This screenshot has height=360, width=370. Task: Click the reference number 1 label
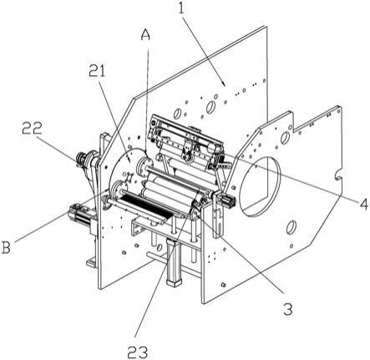[x=181, y=9]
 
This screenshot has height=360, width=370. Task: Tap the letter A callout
[x=145, y=35]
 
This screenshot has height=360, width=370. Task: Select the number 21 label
[x=98, y=71]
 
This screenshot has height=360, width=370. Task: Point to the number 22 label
[x=33, y=129]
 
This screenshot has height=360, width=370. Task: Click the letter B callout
[x=6, y=247]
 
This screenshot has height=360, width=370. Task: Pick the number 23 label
[x=138, y=352]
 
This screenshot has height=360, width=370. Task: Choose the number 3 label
[x=288, y=308]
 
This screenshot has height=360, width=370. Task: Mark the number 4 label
[x=363, y=205]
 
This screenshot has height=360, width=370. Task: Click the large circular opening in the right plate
[x=261, y=186]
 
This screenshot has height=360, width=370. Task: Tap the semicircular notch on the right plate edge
[x=338, y=175]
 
